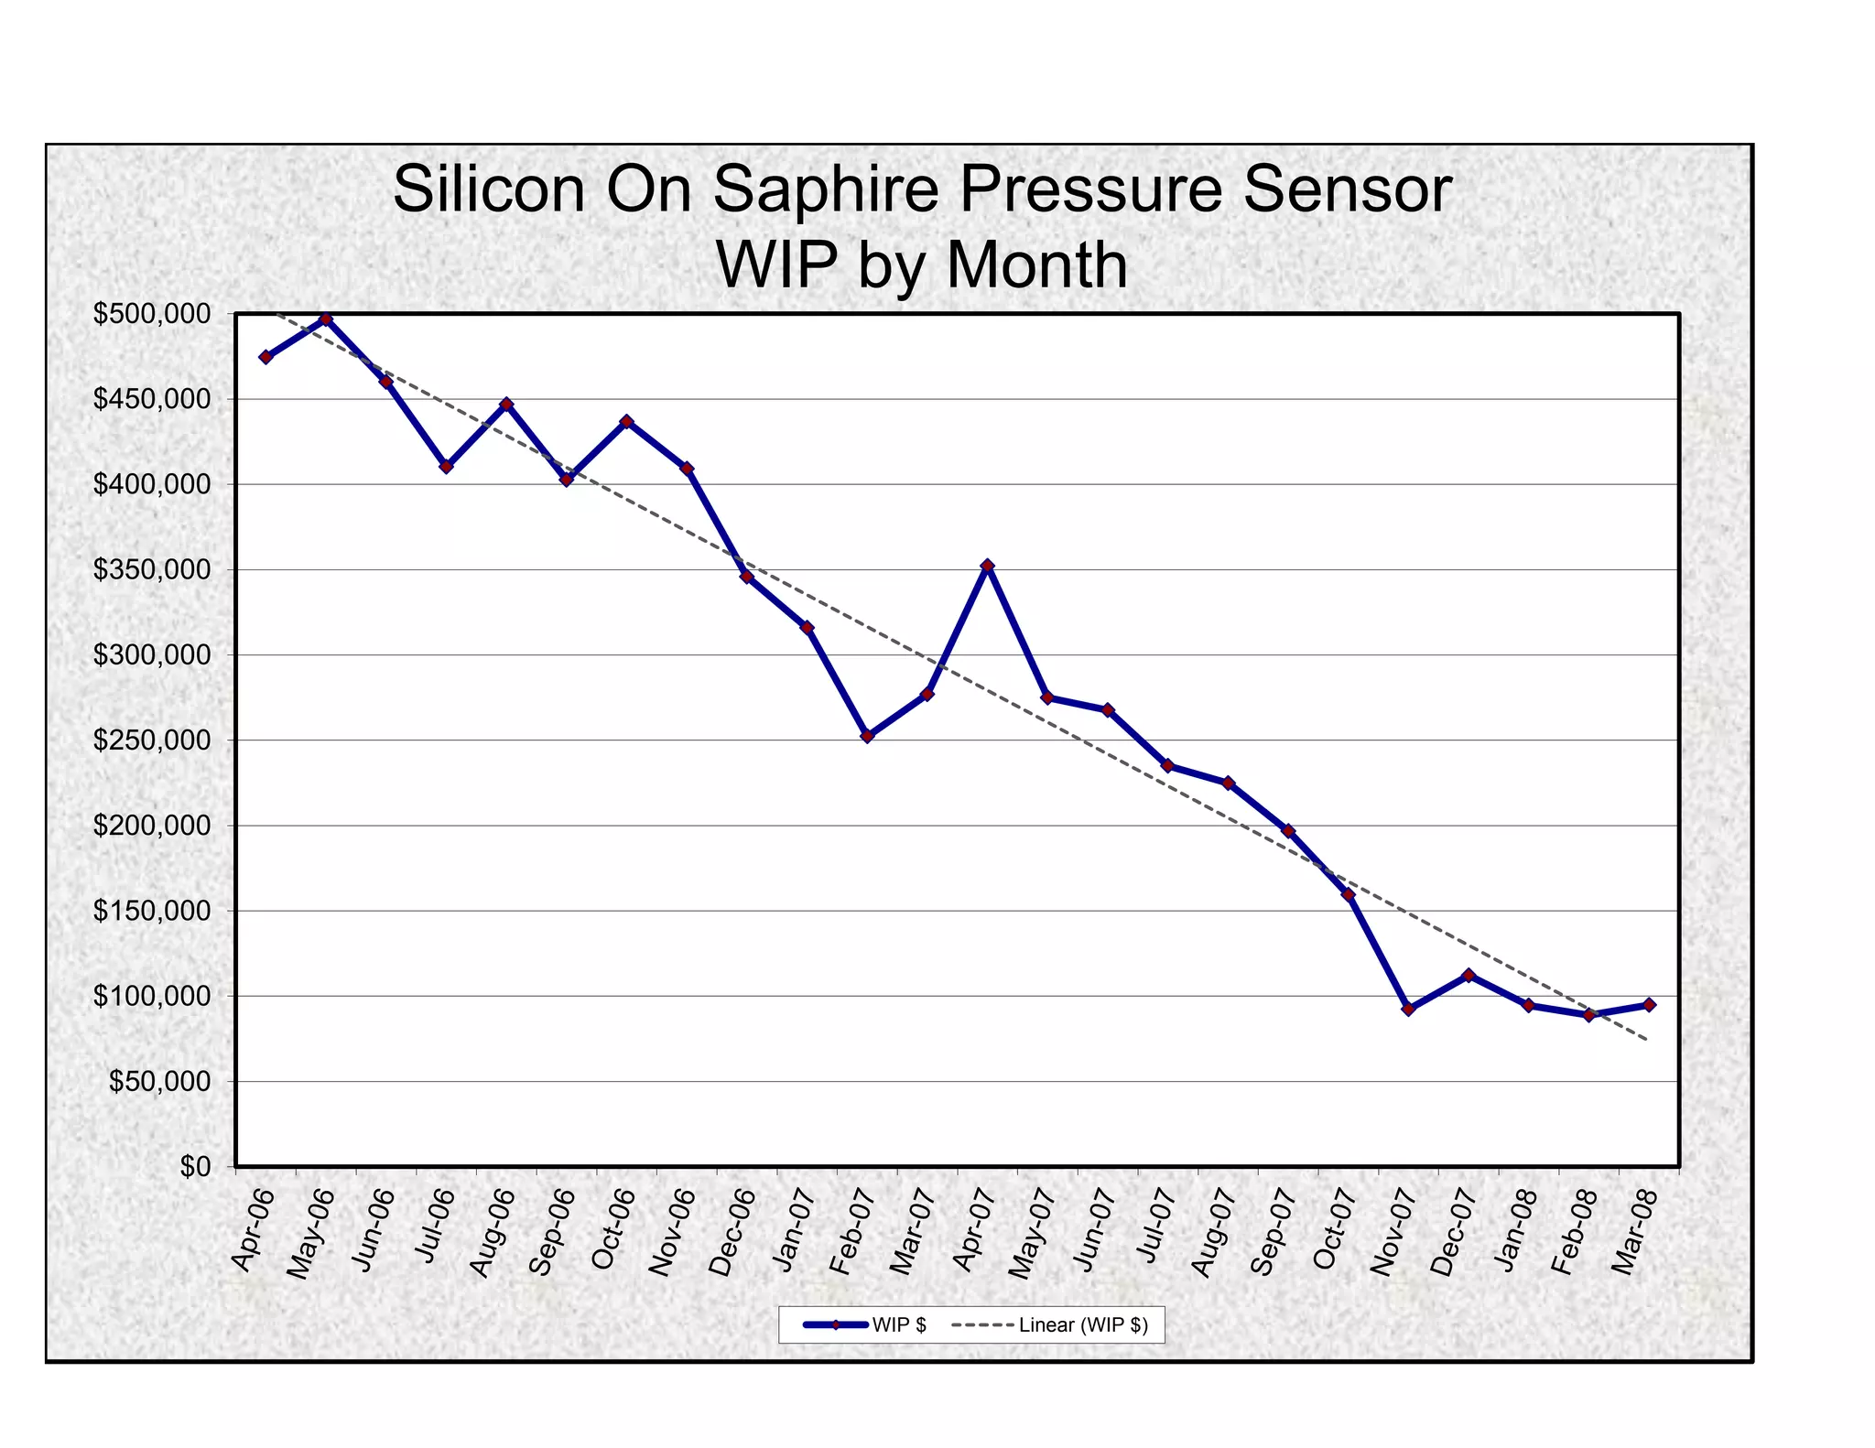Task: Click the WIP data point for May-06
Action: point(326,319)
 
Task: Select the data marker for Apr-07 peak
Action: point(987,566)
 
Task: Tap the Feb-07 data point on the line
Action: point(867,736)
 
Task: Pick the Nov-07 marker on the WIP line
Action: point(1408,1009)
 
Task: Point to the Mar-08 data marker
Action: point(1649,1004)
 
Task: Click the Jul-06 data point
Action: point(446,466)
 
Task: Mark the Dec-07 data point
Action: point(1469,975)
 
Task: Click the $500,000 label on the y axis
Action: point(152,314)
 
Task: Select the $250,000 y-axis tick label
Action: point(152,740)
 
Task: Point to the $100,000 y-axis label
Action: point(152,996)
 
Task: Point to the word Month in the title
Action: point(1035,265)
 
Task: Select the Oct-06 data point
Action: point(626,422)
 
